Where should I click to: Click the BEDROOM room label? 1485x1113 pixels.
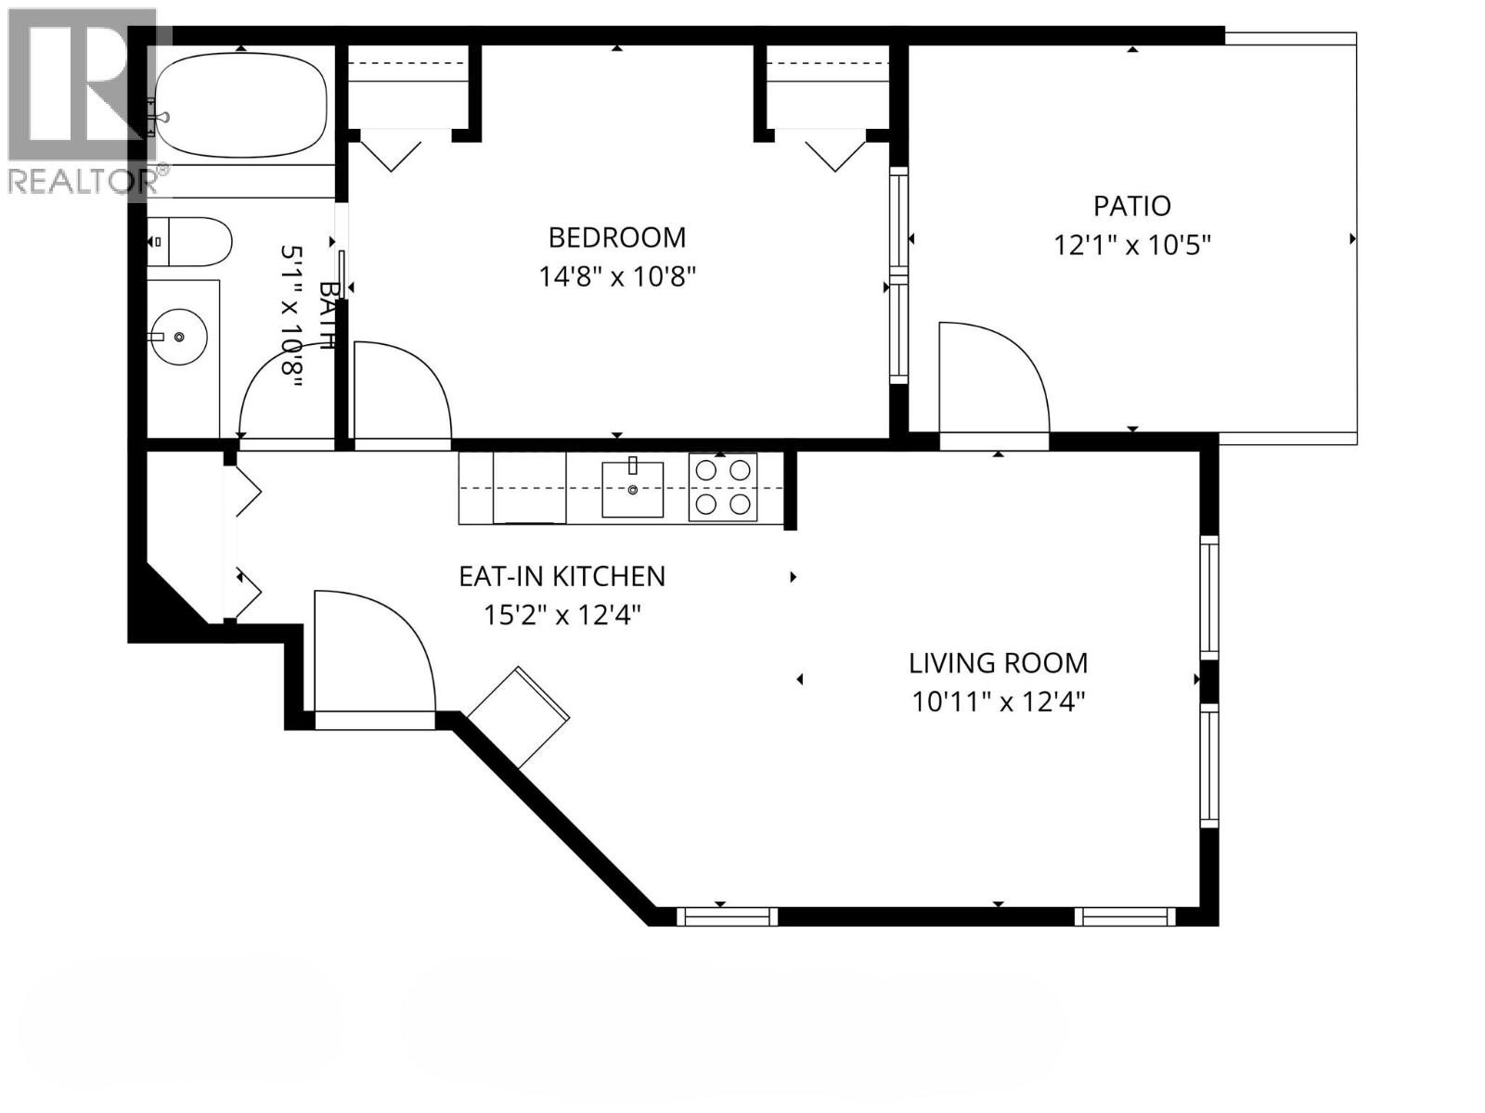(617, 237)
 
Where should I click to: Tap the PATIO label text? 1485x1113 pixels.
(1131, 205)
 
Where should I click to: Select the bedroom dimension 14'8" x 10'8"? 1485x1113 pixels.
(617, 276)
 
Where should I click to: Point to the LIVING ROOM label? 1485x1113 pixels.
(998, 663)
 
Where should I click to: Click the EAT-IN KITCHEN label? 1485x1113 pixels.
(562, 576)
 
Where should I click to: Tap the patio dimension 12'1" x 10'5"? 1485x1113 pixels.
(1132, 246)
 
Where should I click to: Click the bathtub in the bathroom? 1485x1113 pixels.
(241, 109)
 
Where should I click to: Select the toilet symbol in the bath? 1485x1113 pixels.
(190, 241)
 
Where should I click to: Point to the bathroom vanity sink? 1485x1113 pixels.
(178, 337)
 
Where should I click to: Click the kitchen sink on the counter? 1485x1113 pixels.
(633, 489)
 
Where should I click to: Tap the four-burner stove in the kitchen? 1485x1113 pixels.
(723, 487)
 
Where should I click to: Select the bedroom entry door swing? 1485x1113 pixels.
(399, 390)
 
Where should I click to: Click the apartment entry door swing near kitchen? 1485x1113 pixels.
(371, 649)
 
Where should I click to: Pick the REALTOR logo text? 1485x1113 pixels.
(89, 180)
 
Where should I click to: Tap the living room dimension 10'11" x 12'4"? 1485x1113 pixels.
(998, 702)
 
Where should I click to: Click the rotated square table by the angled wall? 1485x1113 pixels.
(519, 717)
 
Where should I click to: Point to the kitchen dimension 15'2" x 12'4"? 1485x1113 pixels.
(562, 615)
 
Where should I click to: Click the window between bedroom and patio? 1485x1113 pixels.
(897, 275)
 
